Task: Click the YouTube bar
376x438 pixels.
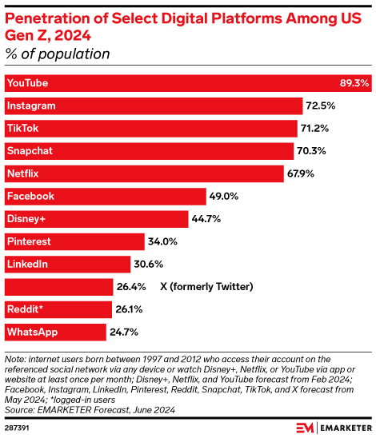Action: point(176,83)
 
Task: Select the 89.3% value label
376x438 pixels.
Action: point(355,83)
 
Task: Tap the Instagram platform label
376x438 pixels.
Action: point(30,106)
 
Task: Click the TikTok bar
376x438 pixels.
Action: point(152,128)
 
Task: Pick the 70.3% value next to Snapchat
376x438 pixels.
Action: point(311,151)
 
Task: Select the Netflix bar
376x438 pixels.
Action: point(144,173)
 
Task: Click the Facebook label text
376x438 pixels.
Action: point(30,196)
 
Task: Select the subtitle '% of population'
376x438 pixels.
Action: point(58,54)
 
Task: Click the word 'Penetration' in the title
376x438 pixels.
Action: point(43,17)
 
